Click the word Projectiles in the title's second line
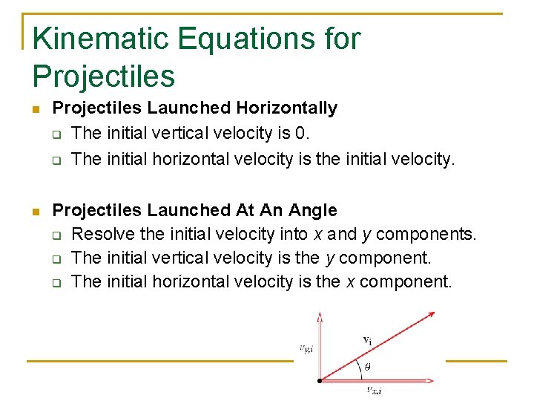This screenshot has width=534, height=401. coord(104,76)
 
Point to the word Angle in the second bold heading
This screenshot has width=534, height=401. coord(314,211)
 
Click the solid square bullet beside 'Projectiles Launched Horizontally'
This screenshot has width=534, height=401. coord(36,109)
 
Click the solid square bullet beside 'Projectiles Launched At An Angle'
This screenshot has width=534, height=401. coord(36,212)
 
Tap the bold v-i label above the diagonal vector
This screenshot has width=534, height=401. coord(366,340)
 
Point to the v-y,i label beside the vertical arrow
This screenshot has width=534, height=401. coord(305,348)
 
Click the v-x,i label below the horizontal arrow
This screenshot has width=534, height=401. coord(375,391)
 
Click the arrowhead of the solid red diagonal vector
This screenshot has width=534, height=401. coord(429,314)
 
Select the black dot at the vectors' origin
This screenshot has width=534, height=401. coord(320,380)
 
